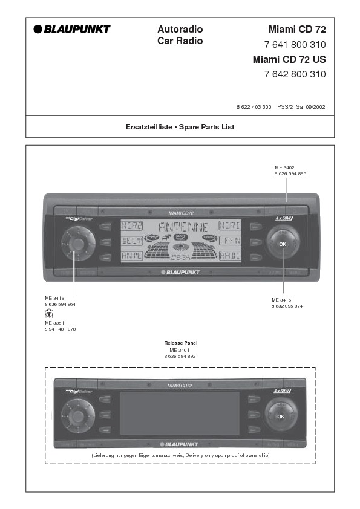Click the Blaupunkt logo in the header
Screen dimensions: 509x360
coord(72,29)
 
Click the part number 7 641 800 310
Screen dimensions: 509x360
coord(295,45)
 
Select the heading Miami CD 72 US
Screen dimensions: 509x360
coord(289,59)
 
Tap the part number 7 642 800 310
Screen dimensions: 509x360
coord(295,75)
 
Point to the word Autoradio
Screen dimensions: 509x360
coord(180,29)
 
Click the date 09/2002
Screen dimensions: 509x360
coord(315,106)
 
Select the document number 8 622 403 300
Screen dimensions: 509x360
coord(254,106)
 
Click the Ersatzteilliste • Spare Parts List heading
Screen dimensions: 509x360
coord(180,127)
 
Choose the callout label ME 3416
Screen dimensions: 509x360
coord(282,300)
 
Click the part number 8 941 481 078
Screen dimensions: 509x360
coord(60,329)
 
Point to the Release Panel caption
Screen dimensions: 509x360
coord(180,343)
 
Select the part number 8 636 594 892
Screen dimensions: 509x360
coord(180,356)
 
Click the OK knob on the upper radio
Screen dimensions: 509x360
coord(283,243)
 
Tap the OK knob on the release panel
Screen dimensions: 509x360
coord(280,417)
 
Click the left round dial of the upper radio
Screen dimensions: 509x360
coord(77,243)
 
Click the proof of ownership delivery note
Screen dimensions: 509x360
coord(180,455)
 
